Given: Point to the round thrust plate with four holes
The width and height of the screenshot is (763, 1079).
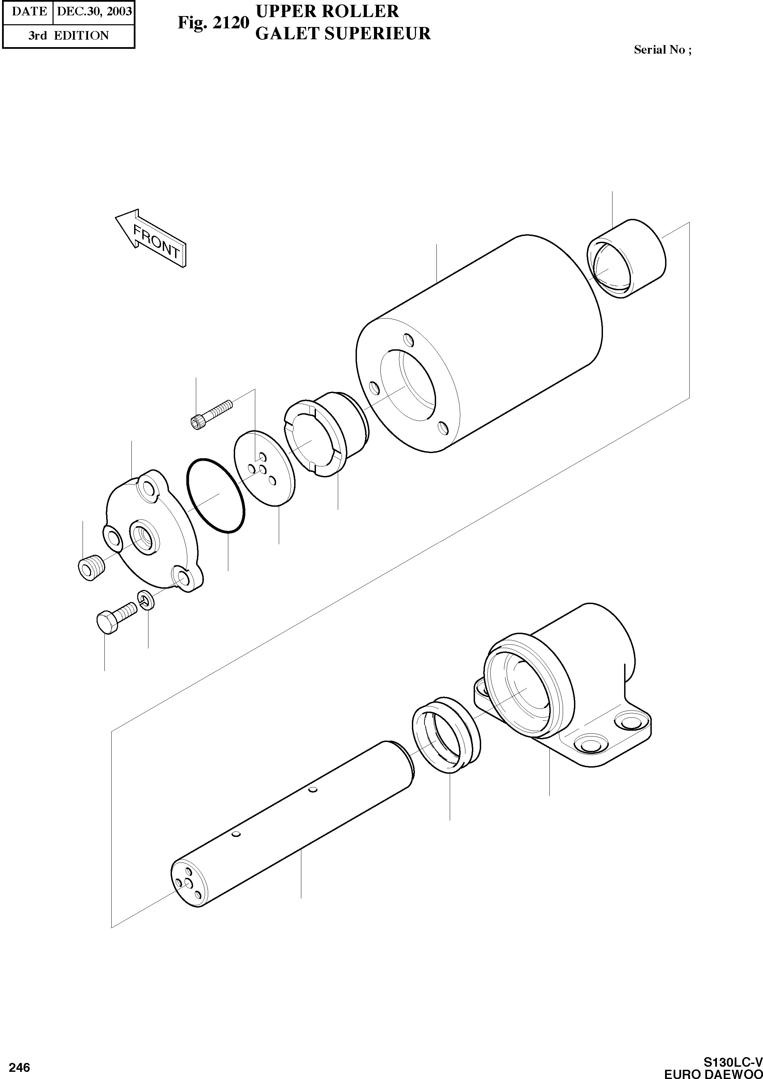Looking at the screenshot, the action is pos(264,469).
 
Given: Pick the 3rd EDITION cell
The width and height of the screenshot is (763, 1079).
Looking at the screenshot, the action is pos(69,36).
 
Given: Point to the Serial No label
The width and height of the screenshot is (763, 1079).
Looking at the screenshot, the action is pos(662,50).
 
